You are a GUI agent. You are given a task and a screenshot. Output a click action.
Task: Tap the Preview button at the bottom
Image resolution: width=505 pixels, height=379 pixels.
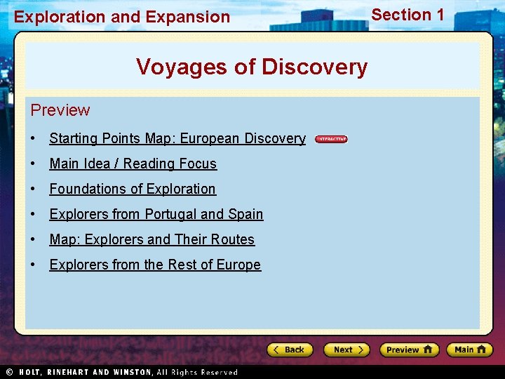[x=409, y=350]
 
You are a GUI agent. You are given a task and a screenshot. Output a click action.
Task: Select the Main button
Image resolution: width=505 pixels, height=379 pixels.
[x=470, y=350]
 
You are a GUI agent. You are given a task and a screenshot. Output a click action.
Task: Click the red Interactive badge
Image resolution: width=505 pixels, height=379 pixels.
[x=331, y=139]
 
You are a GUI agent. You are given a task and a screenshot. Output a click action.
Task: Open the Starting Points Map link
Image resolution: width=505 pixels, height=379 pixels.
[x=177, y=138]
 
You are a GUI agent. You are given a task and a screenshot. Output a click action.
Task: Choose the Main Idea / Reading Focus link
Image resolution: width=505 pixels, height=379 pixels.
[x=133, y=164]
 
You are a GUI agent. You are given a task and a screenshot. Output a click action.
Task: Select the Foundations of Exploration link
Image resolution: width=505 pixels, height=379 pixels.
[x=133, y=189]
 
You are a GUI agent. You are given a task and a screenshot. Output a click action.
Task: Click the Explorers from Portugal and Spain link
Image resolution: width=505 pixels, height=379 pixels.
[x=156, y=214]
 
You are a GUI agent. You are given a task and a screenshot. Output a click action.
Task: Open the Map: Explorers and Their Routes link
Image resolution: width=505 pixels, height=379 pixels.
[x=151, y=239]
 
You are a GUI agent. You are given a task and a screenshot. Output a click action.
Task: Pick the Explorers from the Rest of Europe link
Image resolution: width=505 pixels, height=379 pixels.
[x=155, y=265]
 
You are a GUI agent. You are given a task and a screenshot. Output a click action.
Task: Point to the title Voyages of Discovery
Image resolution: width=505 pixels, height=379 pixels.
[x=252, y=67]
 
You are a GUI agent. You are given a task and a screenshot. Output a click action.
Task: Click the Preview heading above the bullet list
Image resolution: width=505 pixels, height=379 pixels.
[x=60, y=110]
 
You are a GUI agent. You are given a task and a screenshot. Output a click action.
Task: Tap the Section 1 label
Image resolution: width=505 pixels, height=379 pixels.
[x=408, y=15]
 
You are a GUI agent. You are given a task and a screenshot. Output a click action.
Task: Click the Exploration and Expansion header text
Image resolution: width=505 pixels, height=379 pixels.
[x=122, y=17]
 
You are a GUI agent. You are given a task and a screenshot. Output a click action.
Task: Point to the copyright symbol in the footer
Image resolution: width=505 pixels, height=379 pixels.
[x=9, y=372]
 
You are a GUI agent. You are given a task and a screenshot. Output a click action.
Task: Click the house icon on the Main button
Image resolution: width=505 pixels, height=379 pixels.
[x=481, y=350]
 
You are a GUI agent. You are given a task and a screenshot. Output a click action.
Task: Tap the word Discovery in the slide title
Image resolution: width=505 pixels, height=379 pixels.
[x=314, y=67]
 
